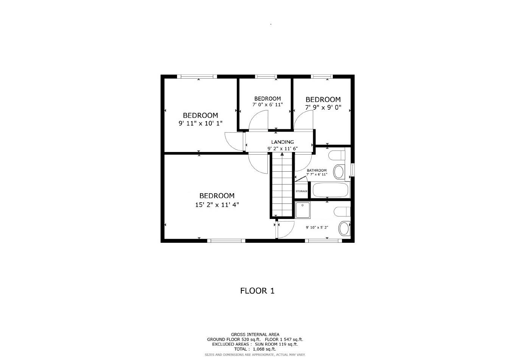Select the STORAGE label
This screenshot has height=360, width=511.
tap(301, 191)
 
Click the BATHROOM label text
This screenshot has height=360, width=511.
tap(317, 171)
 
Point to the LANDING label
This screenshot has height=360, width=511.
tap(282, 142)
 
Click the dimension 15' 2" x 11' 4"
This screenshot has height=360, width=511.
tap(217, 205)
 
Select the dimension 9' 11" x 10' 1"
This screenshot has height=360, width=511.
tap(200, 123)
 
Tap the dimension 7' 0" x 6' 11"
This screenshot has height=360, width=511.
tap(267, 105)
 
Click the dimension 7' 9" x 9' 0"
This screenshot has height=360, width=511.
tap(323, 107)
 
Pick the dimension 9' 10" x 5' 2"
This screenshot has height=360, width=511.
tap(317, 228)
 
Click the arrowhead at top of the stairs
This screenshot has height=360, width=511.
tap(282, 154)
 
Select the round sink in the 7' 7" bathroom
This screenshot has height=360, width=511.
tap(339, 172)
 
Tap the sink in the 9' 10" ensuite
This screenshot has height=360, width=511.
tap(344, 228)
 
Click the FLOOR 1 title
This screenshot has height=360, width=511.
tap(257, 291)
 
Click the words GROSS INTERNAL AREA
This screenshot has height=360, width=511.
tap(255, 334)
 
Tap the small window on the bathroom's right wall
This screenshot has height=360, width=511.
tap(353, 169)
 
